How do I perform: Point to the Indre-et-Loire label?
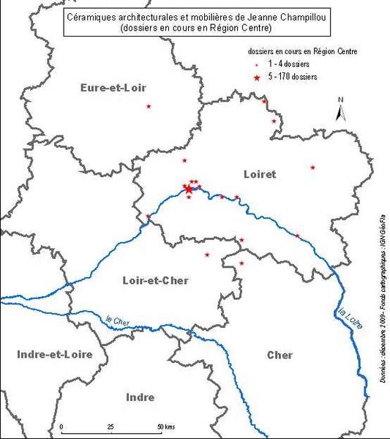[45, 354]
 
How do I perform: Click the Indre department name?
[140, 397]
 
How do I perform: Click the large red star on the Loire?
[188, 189]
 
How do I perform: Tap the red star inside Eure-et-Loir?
[149, 107]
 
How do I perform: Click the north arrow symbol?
[340, 110]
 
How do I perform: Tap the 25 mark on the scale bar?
[110, 427]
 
